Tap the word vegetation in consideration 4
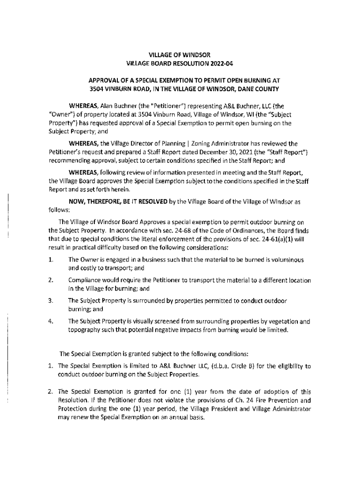point(281,321)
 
